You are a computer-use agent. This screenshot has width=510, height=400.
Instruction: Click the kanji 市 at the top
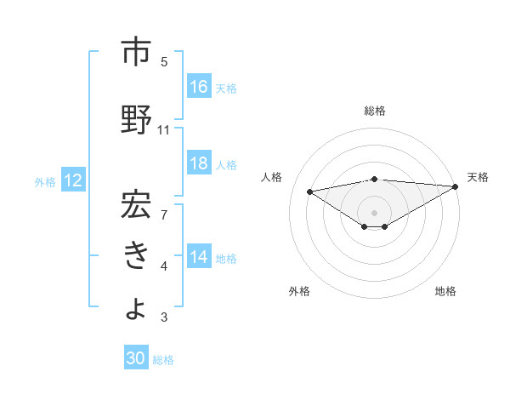[137, 52]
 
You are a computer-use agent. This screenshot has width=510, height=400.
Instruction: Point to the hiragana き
[137, 256]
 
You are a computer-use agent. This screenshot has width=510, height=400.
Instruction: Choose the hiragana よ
[137, 307]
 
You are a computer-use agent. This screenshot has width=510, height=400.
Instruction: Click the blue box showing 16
[199, 86]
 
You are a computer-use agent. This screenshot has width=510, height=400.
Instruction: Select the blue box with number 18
[199, 163]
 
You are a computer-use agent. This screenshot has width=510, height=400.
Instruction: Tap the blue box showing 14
[199, 257]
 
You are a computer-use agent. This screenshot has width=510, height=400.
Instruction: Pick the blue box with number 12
[73, 180]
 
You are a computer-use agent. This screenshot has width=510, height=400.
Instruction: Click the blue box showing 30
[136, 359]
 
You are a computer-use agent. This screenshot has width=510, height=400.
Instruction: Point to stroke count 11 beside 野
[164, 130]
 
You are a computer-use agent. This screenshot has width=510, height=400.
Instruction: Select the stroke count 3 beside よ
[164, 317]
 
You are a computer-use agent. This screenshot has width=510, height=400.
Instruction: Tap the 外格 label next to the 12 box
[45, 181]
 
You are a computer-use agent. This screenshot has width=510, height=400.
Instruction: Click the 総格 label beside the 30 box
[164, 360]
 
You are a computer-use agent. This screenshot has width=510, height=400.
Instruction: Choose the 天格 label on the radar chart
[478, 177]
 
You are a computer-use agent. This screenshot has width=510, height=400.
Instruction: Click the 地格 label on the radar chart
[445, 291]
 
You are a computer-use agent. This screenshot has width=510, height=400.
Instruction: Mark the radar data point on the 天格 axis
[456, 186]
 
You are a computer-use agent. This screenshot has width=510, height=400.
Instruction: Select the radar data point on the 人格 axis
[309, 191]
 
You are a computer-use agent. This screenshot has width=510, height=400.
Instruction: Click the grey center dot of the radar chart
[374, 212]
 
